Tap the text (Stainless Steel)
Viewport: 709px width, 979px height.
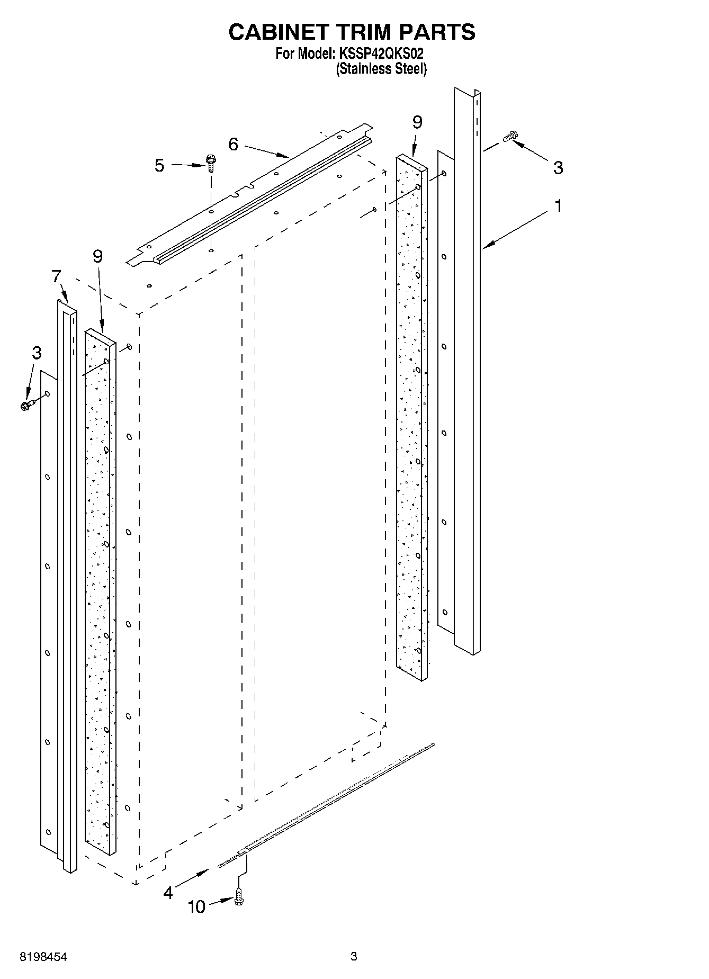pos(381,69)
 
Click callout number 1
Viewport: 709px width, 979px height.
pos(558,206)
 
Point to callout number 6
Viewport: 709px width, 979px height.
pos(234,144)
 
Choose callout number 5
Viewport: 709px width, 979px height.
pos(159,165)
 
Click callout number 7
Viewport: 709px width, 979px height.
pos(56,276)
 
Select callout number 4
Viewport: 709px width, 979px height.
pos(168,893)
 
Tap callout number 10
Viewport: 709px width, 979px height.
pos(196,907)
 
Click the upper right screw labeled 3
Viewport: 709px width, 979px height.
pos(510,136)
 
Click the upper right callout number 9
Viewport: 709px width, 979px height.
pos(417,122)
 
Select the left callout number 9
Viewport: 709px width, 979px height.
pos(97,256)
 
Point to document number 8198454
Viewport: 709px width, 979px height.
pos(43,957)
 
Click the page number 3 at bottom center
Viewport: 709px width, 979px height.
pos(354,956)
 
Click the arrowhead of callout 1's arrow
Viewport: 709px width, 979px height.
pos(486,246)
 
